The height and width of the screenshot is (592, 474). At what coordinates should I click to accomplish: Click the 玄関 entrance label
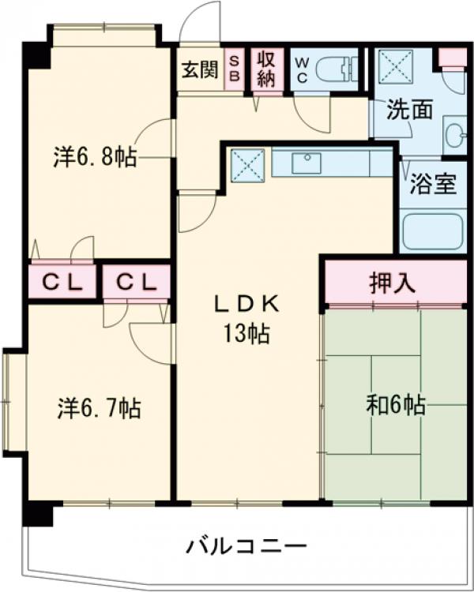(201, 69)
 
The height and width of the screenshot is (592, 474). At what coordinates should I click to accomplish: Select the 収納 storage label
(264, 69)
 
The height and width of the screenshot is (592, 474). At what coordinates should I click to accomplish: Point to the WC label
(302, 69)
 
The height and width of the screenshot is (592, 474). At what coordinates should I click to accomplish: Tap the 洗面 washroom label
(409, 111)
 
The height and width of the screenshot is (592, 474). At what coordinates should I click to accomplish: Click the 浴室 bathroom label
(432, 185)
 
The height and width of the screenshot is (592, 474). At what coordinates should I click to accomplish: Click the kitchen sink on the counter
(306, 163)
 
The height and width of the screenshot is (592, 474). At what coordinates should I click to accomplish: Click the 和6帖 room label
(395, 406)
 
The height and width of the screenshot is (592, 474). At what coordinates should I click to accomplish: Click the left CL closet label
(62, 282)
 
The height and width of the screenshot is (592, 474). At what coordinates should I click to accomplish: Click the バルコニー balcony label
(246, 545)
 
